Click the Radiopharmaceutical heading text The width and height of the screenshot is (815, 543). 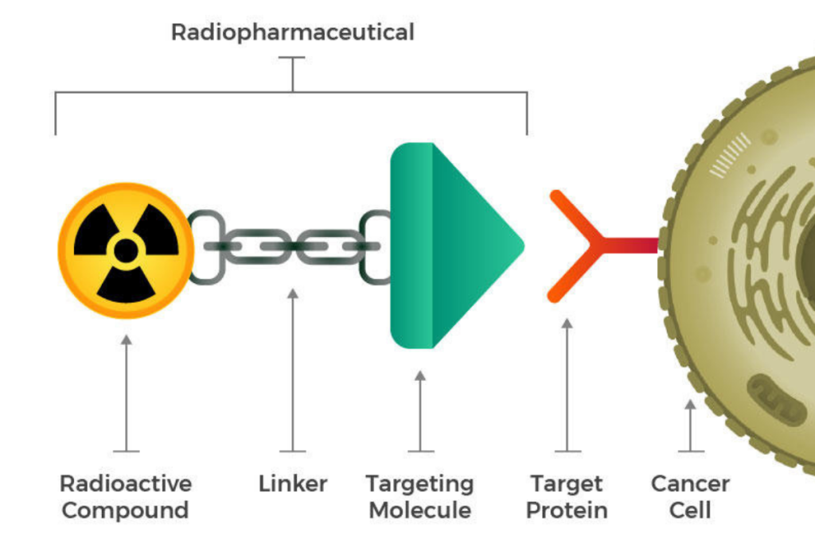click(292, 33)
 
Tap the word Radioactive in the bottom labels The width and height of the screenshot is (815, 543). click(126, 483)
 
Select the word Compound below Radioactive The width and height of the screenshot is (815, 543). click(126, 510)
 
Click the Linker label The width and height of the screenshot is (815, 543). click(293, 483)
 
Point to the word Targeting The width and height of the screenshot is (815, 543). click(419, 483)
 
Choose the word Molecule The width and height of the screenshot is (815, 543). click(419, 510)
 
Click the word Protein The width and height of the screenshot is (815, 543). click(567, 510)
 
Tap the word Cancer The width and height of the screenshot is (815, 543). click(690, 483)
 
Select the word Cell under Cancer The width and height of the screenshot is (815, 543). click(690, 510)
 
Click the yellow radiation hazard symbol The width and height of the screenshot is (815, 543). click(126, 250)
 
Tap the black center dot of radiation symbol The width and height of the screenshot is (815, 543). click(126, 250)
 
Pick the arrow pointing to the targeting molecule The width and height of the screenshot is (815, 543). click(420, 409)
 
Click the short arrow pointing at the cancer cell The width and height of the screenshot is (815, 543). click(690, 425)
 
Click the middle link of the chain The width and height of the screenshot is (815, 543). click(293, 246)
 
